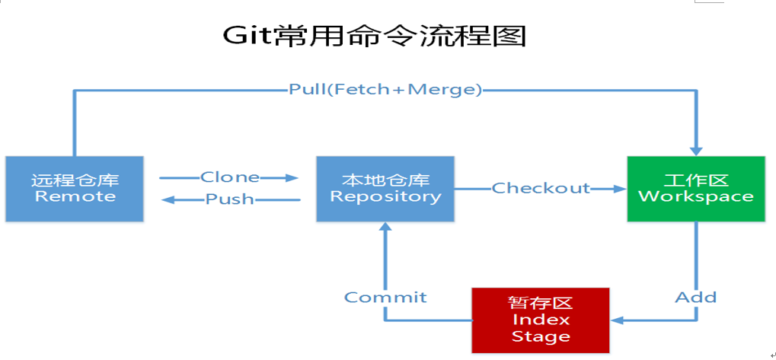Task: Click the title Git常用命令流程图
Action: tap(374, 35)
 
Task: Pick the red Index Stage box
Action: tap(541, 319)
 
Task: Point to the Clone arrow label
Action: tap(229, 177)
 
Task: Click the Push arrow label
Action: tap(229, 200)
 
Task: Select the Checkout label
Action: tap(541, 188)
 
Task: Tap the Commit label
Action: tap(385, 297)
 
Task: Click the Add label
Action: tap(695, 297)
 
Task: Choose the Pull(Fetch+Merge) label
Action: tap(385, 90)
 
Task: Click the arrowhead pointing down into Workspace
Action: tap(695, 149)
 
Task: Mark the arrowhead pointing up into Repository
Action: tap(385, 228)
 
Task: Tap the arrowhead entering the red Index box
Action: tap(618, 320)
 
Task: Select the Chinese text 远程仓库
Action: tap(75, 181)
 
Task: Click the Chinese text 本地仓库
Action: tap(385, 180)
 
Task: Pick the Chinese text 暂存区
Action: tap(541, 302)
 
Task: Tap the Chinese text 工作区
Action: tap(695, 180)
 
